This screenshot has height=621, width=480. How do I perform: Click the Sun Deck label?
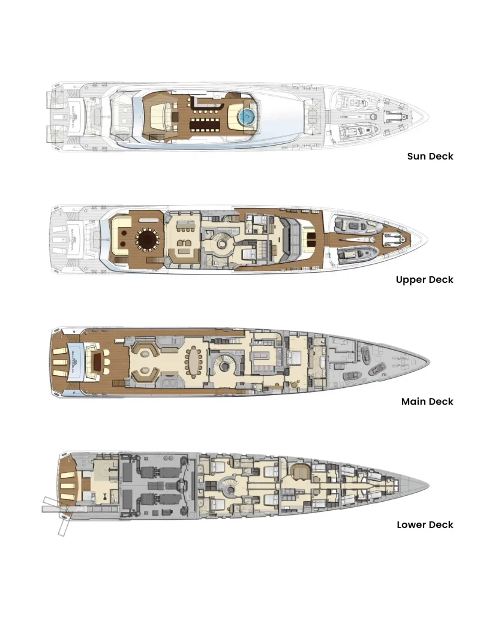[430, 156]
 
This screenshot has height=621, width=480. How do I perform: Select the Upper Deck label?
[424, 279]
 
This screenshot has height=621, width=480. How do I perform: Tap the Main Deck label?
[427, 402]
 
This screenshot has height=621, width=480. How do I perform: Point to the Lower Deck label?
[425, 524]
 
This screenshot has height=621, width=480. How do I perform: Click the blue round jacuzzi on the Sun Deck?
[245, 116]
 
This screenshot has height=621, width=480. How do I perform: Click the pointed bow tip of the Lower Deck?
[427, 484]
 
